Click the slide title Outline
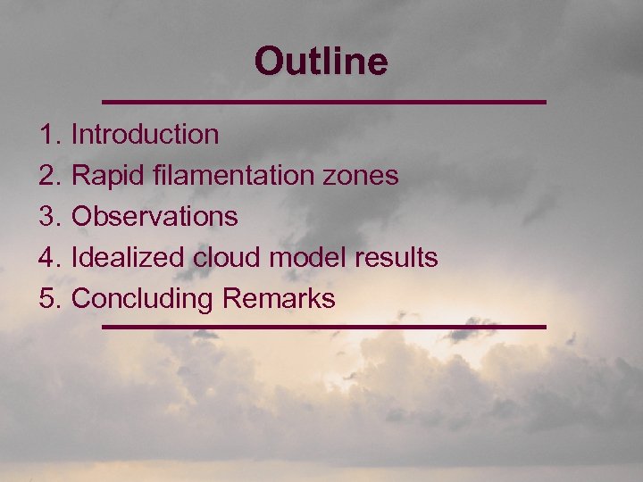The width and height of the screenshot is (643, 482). pyautogui.click(x=321, y=62)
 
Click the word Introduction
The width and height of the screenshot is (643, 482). pyautogui.click(x=145, y=135)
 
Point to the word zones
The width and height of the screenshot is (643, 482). pyautogui.click(x=364, y=176)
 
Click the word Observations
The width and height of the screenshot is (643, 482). pyautogui.click(x=154, y=217)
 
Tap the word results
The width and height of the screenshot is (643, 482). pyautogui.click(x=397, y=258)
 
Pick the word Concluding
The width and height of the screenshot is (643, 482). pyautogui.click(x=144, y=299)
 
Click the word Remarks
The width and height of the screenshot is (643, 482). pyautogui.click(x=280, y=299)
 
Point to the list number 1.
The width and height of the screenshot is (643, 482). pyautogui.click(x=48, y=135)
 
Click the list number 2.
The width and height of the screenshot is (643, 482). pyautogui.click(x=48, y=176)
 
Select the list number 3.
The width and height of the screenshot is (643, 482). pyautogui.click(x=48, y=217)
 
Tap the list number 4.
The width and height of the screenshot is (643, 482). pyautogui.click(x=48, y=258)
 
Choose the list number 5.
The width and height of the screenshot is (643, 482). pyautogui.click(x=48, y=299)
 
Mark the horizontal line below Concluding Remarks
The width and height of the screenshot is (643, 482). pyautogui.click(x=323, y=327)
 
